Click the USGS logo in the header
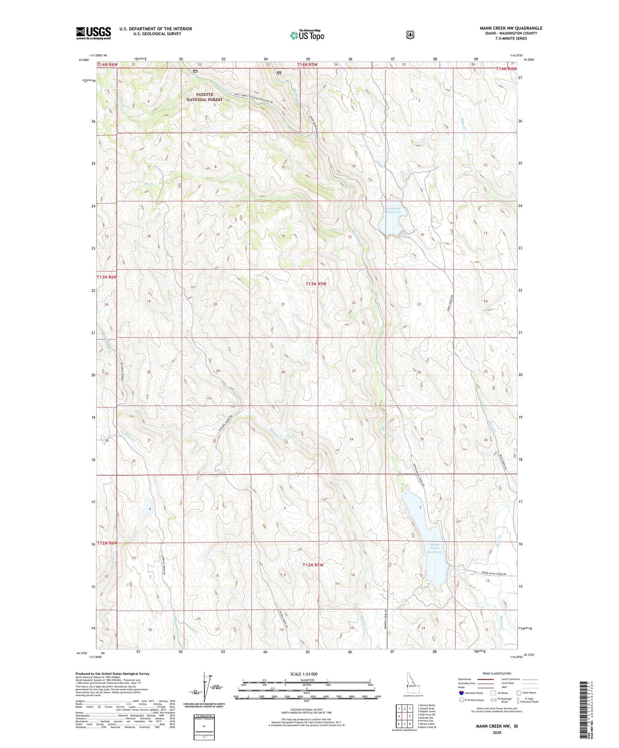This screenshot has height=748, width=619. coord(93,33)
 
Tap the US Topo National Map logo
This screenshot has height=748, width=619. coord(306,35)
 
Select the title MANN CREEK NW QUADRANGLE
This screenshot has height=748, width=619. coord(511,28)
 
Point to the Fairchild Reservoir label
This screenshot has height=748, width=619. coord(393,210)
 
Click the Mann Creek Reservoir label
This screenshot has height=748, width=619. coord(434,548)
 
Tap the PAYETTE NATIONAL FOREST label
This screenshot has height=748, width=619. coord(204,97)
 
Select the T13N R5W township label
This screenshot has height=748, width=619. coord(316,284)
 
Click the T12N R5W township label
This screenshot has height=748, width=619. coord(313,565)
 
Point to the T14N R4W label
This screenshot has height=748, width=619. coord(506,69)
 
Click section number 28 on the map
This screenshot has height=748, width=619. coord(283,372)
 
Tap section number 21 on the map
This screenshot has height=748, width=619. coord(283,304)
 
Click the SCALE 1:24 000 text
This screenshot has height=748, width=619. coord(304,674)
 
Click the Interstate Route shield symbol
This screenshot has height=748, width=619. coord(461,693)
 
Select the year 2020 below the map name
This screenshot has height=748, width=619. coord(497,732)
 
